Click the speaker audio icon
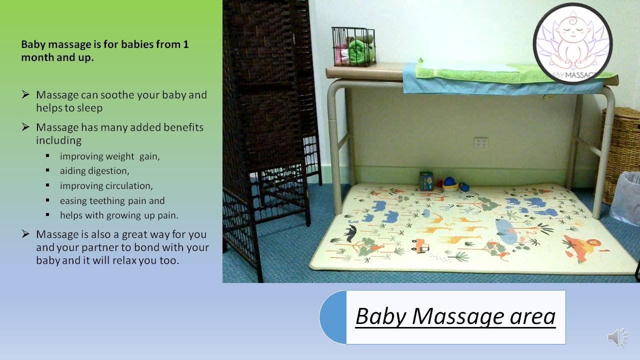pyautogui.click(x=617, y=337)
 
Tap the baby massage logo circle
pyautogui.click(x=573, y=43)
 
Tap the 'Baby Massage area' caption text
pyautogui.click(x=455, y=316)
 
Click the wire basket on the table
pyautogui.click(x=353, y=46)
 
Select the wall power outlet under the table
pyautogui.click(x=481, y=143)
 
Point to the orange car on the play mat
pyautogui.click(x=420, y=245)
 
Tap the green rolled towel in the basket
pyautogui.click(x=360, y=51)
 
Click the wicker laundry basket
pyautogui.click(x=620, y=154)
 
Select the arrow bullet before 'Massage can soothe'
pyautogui.click(x=25, y=94)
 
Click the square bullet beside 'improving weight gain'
pyautogui.click(x=47, y=156)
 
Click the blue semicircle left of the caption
pyautogui.click(x=333, y=317)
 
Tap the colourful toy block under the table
pyautogui.click(x=426, y=181)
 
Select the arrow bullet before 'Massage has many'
pyautogui.click(x=25, y=127)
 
